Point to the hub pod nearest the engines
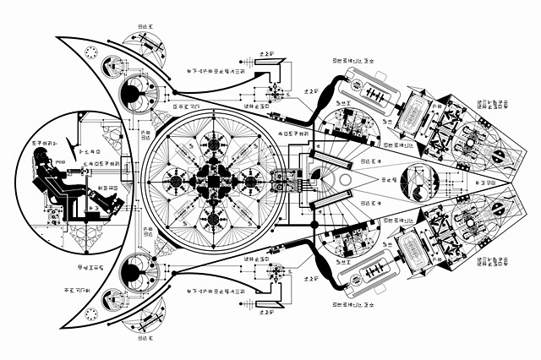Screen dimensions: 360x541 point(251,179)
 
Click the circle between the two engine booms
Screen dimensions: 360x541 point(420,180)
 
